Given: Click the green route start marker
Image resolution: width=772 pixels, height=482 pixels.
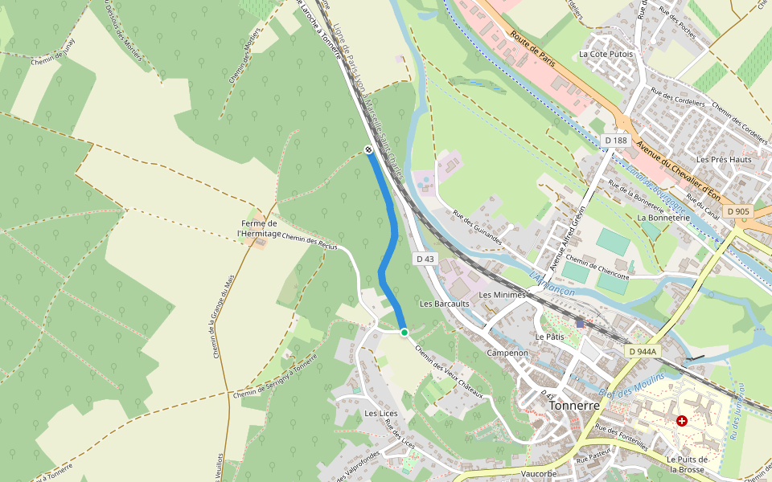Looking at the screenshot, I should coord(404,333).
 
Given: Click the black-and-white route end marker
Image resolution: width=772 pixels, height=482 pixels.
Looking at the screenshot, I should coord(368,149).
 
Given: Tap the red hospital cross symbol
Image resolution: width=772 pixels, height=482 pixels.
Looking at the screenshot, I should coord(682,420).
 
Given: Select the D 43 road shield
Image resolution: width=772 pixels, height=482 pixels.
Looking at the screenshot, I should coord(425,259).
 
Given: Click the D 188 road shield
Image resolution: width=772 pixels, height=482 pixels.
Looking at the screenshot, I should coord(615,141).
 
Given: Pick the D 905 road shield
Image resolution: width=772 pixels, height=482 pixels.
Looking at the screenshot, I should coord(737,211).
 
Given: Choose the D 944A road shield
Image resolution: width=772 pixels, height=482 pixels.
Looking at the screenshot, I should coord(643,351).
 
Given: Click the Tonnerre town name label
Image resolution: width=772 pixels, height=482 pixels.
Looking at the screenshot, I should coord(574,406).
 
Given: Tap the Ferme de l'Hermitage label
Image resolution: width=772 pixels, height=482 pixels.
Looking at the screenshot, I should coord(259,228).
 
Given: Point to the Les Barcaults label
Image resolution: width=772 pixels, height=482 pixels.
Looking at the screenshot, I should coord(444,304).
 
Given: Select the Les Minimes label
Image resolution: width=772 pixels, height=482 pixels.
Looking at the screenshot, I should coord(502,295).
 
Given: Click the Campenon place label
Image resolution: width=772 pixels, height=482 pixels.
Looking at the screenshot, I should coord(507,353).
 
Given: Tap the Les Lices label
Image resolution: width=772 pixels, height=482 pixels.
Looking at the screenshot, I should coord(381,414).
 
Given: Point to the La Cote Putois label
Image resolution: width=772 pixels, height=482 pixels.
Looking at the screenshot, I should coord(606,54).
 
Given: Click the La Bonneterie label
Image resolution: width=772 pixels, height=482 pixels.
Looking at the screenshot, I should coord(663,217).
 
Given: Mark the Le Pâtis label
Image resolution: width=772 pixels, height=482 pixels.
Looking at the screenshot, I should coord(550,337).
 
